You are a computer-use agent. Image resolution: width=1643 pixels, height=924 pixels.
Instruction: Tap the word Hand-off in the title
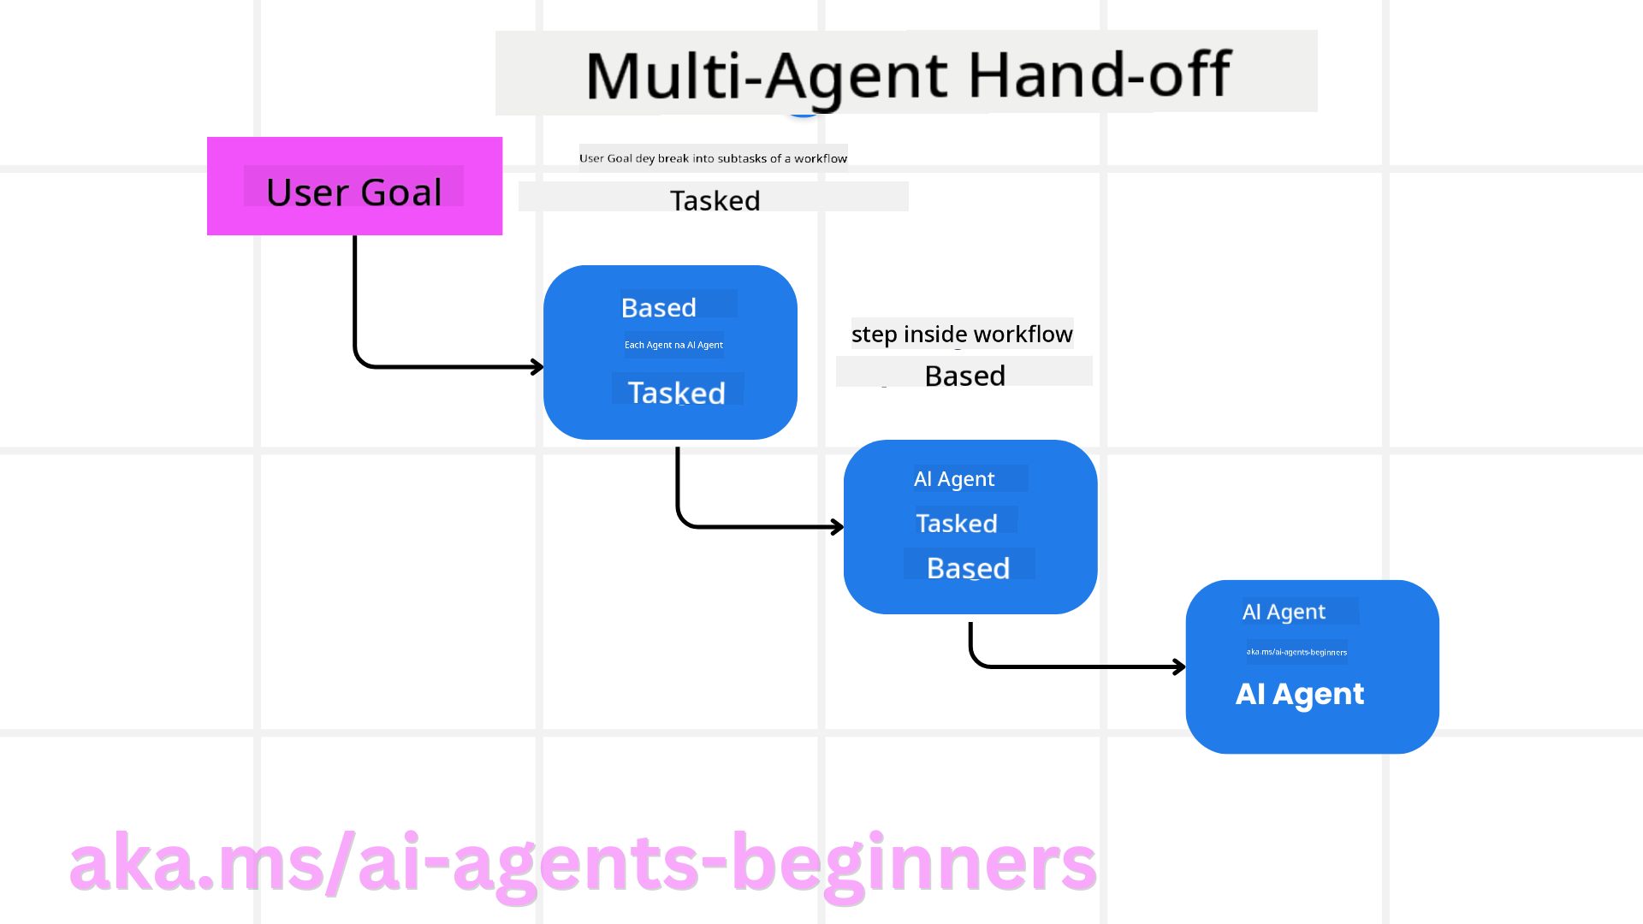tap(1099, 75)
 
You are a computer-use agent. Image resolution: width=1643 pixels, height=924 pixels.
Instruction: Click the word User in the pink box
tap(304, 192)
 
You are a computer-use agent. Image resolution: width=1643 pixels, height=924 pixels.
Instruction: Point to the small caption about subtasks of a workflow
tap(713, 158)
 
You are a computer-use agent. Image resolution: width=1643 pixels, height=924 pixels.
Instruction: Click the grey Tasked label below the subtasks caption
tap(715, 200)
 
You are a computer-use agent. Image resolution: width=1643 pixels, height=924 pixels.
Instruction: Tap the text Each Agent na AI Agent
tap(673, 345)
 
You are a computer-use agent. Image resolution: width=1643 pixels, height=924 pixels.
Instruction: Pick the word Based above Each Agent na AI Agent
tap(658, 307)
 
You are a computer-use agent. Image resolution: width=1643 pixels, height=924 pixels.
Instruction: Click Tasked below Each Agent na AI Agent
tap(676, 393)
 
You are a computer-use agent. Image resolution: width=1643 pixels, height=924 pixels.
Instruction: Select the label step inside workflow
tap(961, 334)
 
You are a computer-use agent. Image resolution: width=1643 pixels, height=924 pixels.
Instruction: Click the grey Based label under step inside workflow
tap(964, 376)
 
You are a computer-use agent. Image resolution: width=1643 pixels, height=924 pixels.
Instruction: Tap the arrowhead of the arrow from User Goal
tap(537, 367)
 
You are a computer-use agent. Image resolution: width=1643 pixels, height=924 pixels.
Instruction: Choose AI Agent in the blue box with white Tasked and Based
tap(953, 479)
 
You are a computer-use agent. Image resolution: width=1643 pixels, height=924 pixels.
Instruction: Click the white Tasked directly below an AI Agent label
tap(956, 524)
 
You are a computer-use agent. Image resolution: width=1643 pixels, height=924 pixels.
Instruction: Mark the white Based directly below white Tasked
tap(968, 568)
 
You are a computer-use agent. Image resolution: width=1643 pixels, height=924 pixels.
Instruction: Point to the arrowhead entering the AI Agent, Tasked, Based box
tap(838, 527)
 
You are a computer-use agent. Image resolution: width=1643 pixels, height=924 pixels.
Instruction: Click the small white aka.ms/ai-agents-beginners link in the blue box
tap(1296, 652)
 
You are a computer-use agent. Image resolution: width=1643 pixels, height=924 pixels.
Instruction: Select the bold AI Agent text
tap(1299, 694)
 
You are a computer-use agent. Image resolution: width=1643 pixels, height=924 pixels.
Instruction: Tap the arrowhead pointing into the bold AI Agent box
tap(1180, 666)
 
